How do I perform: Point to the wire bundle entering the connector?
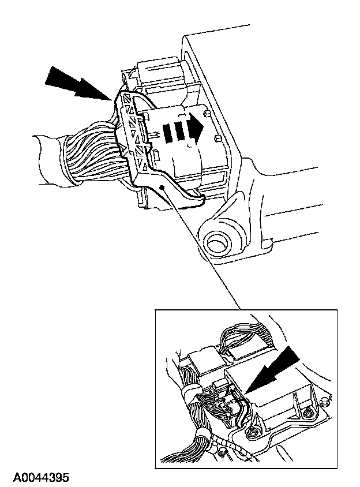pos(92,153)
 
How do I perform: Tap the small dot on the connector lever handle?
pos(166,188)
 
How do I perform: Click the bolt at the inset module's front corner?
pos(252,432)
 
